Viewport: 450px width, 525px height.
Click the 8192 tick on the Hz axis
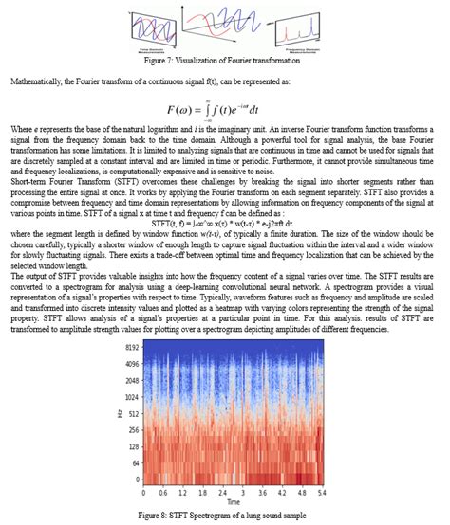[x=131, y=349]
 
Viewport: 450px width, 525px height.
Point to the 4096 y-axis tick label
[x=131, y=364]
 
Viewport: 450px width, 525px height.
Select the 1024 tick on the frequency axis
[x=131, y=396]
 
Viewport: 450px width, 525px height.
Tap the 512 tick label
[x=133, y=413]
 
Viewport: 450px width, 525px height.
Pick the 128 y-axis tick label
[x=133, y=447]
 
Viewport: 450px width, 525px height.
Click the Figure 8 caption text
[x=225, y=515]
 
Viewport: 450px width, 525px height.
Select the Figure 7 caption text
[x=224, y=59]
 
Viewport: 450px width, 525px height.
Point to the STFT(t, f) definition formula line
[x=224, y=197]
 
